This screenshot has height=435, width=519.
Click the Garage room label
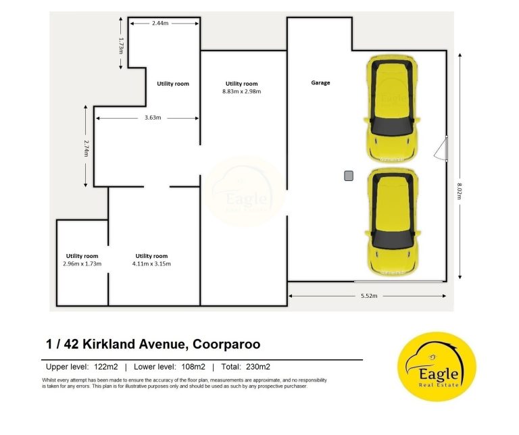click(320, 82)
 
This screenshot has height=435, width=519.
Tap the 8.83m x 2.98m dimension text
click(242, 91)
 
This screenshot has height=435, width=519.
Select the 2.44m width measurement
click(160, 23)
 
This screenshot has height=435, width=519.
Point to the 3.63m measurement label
click(153, 118)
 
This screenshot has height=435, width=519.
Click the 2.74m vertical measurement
click(86, 148)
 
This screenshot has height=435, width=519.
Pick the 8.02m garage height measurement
click(459, 191)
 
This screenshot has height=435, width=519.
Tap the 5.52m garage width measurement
click(369, 296)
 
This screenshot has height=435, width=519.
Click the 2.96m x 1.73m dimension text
click(82, 263)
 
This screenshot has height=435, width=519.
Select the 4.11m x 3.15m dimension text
click(151, 263)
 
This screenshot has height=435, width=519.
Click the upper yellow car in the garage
click(392, 109)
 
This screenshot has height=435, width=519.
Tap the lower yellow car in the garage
click(393, 222)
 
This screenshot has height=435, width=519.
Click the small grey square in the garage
click(349, 176)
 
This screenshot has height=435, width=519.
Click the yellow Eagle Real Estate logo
click(437, 367)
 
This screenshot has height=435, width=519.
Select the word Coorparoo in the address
click(226, 344)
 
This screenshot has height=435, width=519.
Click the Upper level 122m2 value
click(106, 367)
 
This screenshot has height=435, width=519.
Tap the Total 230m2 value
click(258, 367)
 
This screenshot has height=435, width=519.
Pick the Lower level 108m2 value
click(193, 367)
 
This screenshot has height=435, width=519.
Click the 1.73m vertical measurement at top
click(121, 46)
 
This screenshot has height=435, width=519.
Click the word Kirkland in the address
click(109, 344)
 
